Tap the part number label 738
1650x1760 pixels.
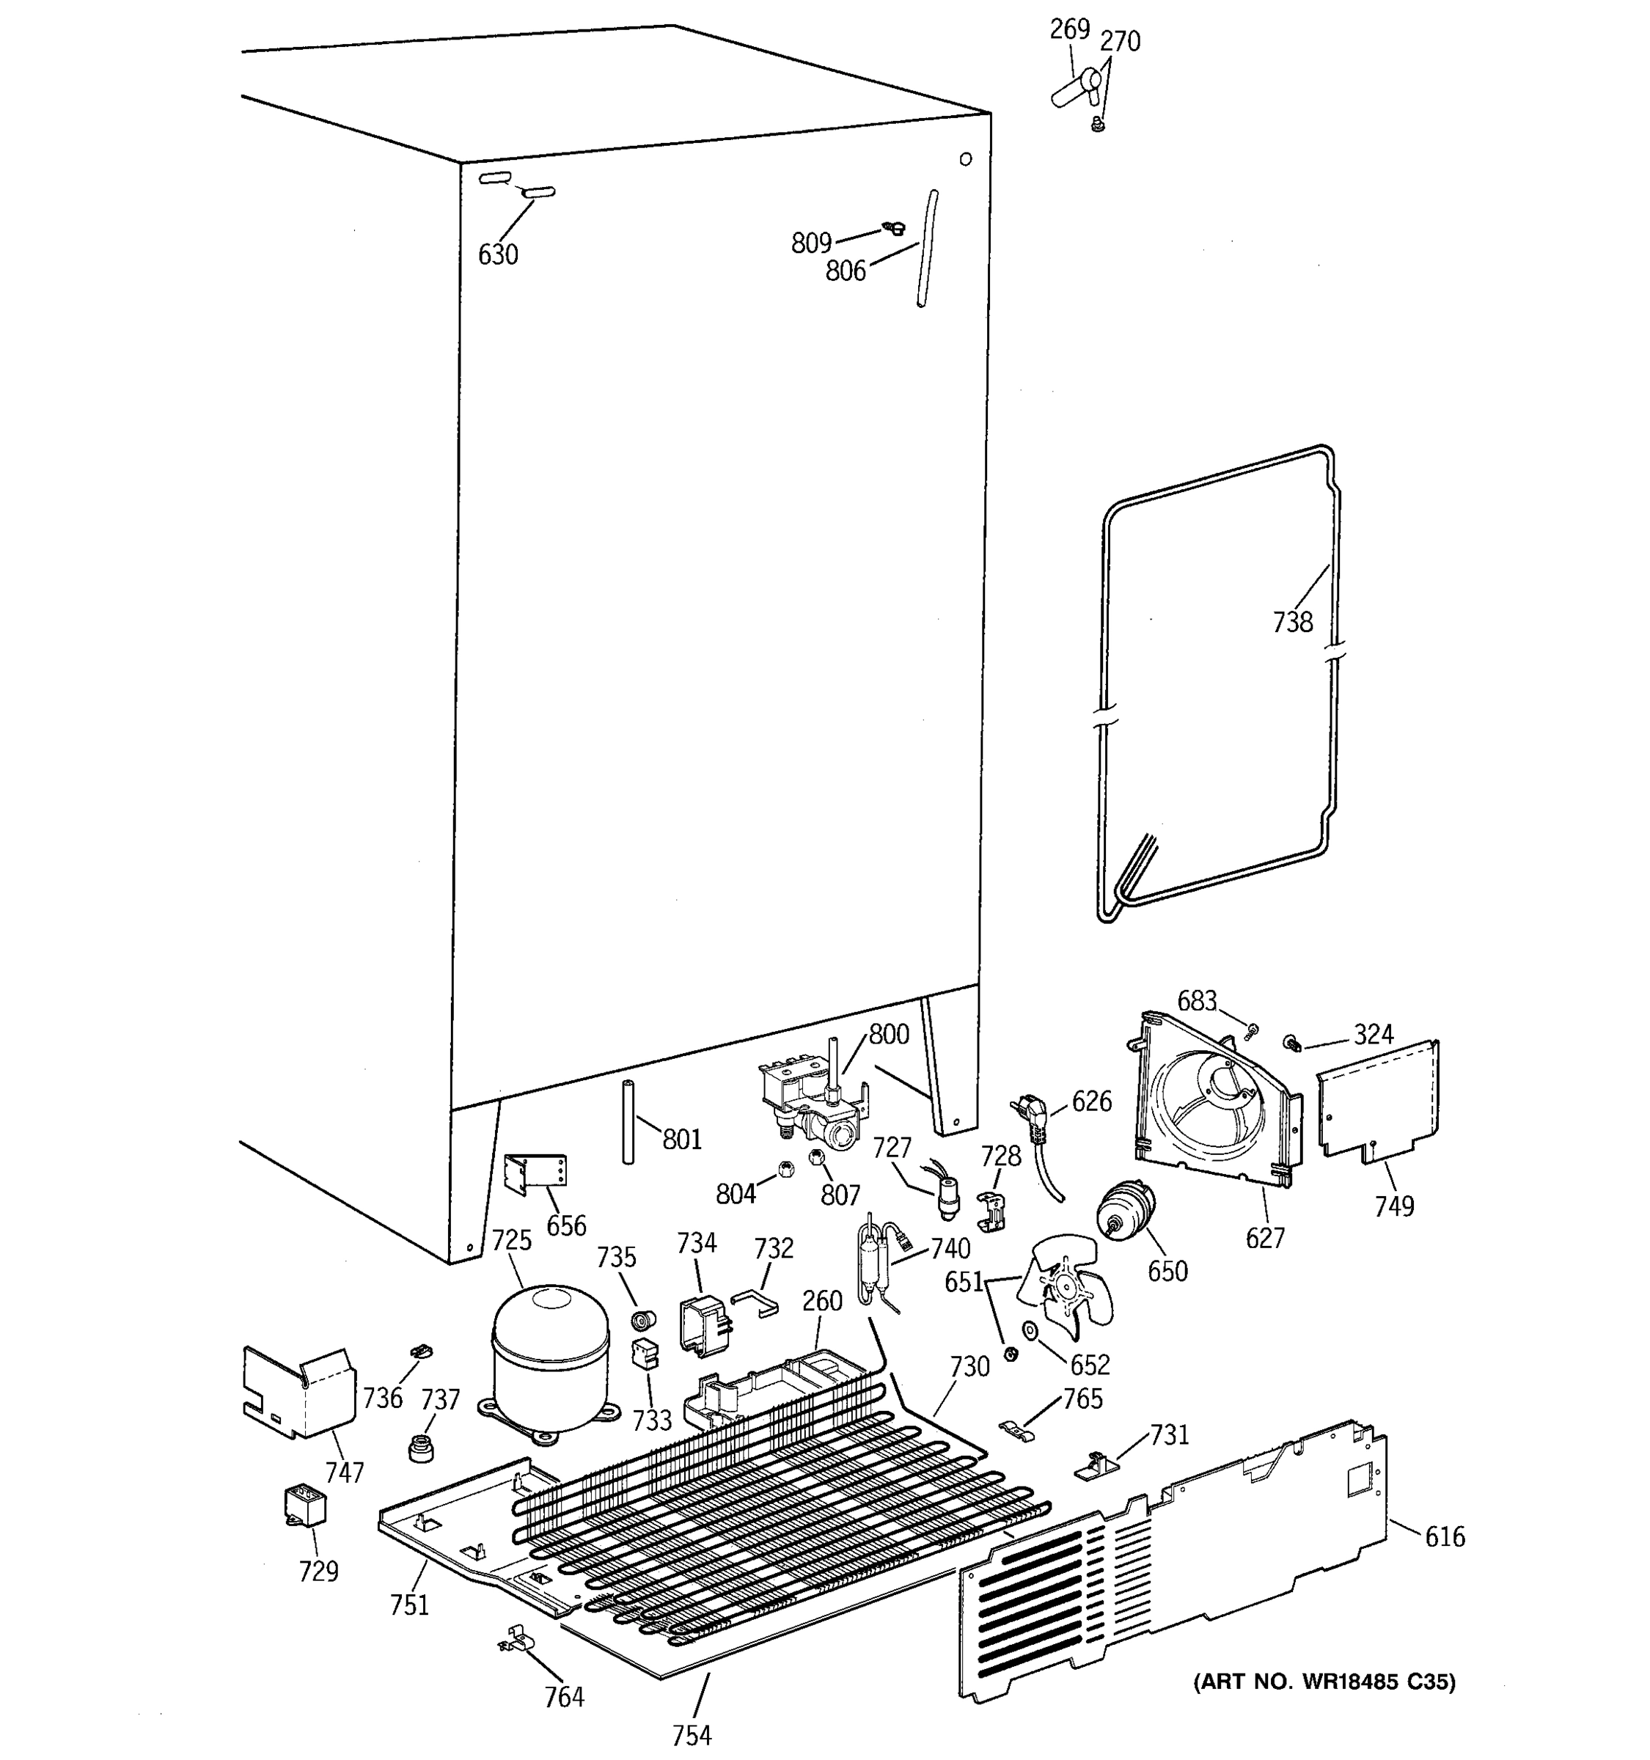point(1291,623)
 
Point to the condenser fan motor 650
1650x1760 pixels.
point(1124,1210)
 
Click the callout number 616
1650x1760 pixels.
point(1444,1537)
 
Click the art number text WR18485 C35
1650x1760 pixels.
point(1324,1682)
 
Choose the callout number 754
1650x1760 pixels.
point(692,1736)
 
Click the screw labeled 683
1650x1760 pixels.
point(1252,1030)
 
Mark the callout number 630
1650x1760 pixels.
point(497,255)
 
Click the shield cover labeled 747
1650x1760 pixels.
point(298,1391)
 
